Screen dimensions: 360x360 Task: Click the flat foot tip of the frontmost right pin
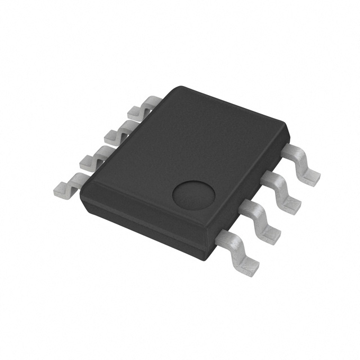coord(247,268)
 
